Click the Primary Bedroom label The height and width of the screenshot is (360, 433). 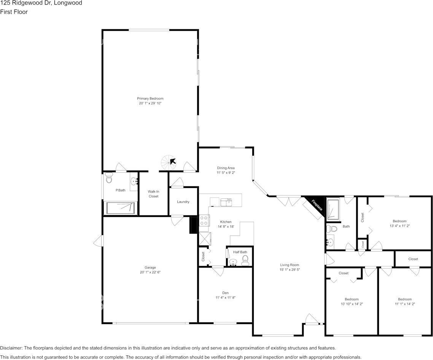(x=150, y=99)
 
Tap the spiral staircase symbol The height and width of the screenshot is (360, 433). (x=168, y=162)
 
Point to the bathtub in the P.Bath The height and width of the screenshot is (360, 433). (x=121, y=208)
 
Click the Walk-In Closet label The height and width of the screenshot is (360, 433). (x=153, y=194)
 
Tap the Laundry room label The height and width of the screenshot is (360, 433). (x=183, y=202)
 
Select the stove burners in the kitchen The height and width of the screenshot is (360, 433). (x=204, y=220)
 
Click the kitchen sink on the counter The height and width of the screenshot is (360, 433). (x=226, y=201)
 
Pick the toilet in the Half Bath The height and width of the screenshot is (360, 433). (x=245, y=260)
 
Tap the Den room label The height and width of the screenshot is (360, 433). (x=225, y=293)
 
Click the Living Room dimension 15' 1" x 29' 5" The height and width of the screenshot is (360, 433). (x=290, y=270)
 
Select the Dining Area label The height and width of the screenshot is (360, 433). (x=226, y=168)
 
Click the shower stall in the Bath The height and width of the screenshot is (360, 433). (x=333, y=210)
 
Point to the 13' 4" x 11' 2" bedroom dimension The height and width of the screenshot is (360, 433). (x=400, y=226)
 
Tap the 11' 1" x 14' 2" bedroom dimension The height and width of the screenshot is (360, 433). (x=405, y=304)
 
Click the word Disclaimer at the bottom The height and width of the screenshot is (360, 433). (x=11, y=348)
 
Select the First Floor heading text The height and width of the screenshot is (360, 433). (x=14, y=12)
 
